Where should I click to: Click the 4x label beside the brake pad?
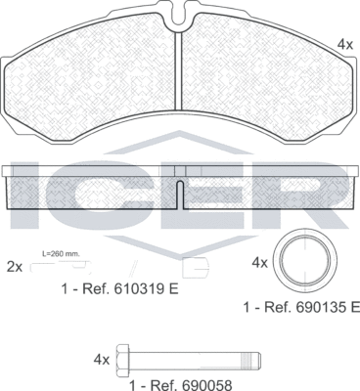click(344, 44)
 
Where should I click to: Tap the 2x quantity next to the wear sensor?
click(15, 265)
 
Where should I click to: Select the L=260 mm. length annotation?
click(61, 254)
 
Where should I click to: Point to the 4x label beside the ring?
click(259, 263)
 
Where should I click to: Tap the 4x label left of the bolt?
click(102, 359)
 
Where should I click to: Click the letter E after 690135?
click(354, 307)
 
